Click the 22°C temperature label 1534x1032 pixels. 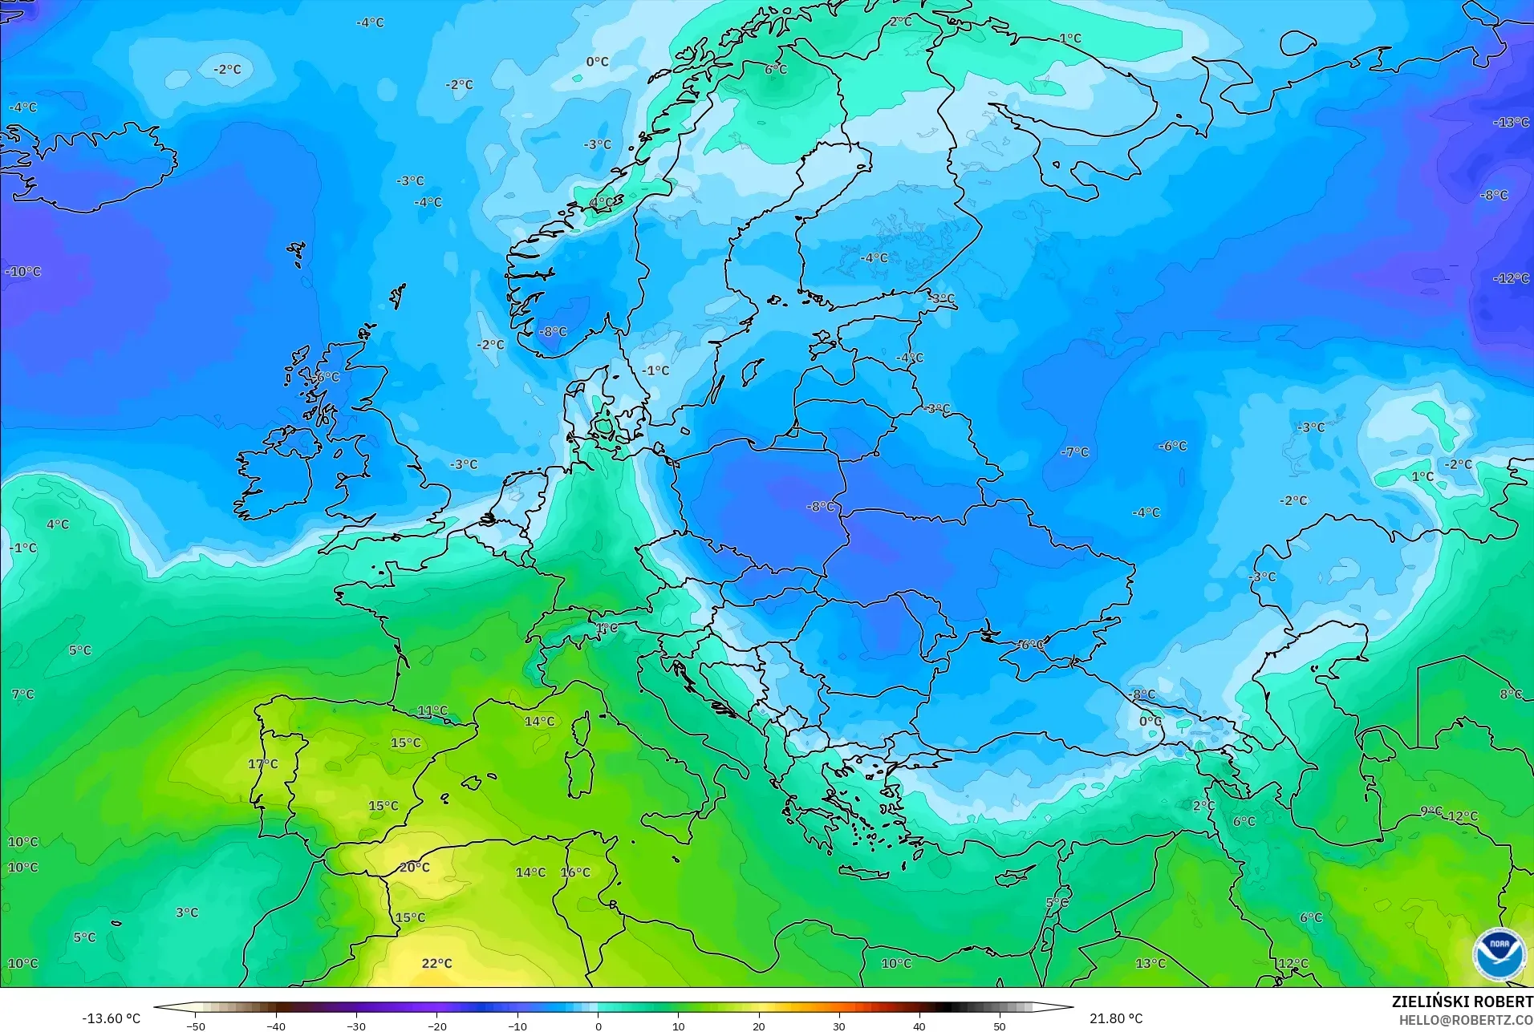[436, 963]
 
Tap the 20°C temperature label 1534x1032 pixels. [415, 867]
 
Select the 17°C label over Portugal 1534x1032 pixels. [263, 763]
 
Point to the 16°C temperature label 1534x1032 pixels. [575, 872]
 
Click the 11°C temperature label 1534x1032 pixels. [432, 710]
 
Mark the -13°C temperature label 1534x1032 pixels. [1511, 123]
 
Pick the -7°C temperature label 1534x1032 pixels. [1074, 452]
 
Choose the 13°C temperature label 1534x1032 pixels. [1150, 963]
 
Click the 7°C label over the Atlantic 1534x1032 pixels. [23, 694]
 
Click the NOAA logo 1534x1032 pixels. [1499, 953]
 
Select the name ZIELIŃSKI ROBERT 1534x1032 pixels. [1462, 1002]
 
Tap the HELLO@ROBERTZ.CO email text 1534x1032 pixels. [1466, 1020]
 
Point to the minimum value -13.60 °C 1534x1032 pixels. [111, 1018]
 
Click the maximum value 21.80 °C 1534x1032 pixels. [1116, 1018]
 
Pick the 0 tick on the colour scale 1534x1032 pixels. [598, 1026]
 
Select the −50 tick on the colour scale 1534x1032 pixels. [196, 1026]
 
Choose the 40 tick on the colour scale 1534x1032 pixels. [919, 1026]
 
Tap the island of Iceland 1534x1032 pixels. [96, 168]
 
